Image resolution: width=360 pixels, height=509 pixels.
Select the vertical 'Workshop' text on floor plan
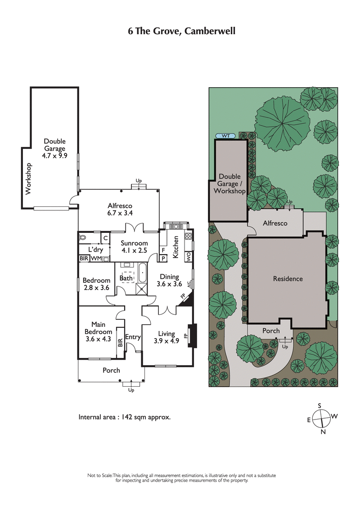[x=28, y=179]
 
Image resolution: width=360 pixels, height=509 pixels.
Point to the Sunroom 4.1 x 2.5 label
[x=134, y=247]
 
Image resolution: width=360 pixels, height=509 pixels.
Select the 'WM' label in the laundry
[x=95, y=259]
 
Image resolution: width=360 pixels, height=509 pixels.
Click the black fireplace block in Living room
[x=193, y=336]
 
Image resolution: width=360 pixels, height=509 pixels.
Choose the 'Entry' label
[x=133, y=337]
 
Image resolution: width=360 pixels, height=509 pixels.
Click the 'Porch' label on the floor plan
[x=111, y=370]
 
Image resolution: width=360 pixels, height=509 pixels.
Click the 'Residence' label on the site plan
[x=288, y=279]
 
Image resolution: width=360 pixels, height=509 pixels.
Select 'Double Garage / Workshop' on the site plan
[x=229, y=184]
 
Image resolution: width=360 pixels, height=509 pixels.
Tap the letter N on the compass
[x=323, y=432]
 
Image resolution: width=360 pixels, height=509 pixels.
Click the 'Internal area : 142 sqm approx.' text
[x=124, y=417]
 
